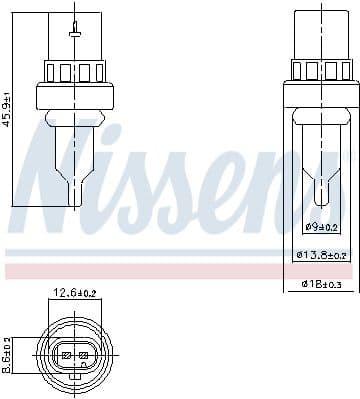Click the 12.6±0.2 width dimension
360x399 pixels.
pyautogui.click(x=74, y=294)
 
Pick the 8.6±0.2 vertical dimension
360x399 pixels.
pyautogui.click(x=8, y=354)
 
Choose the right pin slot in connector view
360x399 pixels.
pyautogui.click(x=85, y=356)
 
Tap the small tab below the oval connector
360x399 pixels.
pyautogui.click(x=74, y=387)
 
